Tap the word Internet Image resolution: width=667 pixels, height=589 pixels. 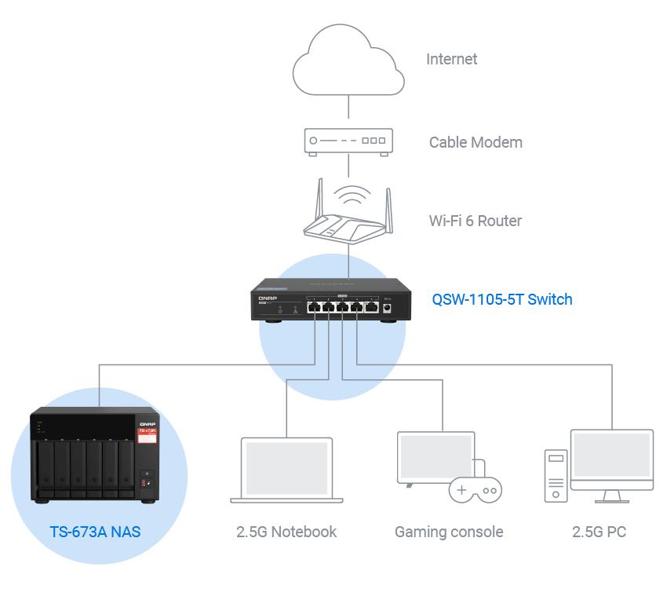(x=452, y=59)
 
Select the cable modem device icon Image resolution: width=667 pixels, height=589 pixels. (x=348, y=141)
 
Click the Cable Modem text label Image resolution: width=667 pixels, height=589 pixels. (x=476, y=142)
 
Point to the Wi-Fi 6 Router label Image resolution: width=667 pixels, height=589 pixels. (x=476, y=221)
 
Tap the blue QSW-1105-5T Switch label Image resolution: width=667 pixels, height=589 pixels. (x=502, y=299)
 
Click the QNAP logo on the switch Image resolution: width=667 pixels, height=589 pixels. (x=265, y=298)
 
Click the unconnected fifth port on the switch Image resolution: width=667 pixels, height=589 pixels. (x=370, y=307)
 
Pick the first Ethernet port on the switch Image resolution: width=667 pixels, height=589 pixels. (x=313, y=307)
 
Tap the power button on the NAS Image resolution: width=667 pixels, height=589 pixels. (x=147, y=476)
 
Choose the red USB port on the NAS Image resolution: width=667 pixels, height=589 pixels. (x=144, y=484)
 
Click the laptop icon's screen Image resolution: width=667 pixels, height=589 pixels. (x=286, y=466)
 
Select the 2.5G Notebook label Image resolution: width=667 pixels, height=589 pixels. (x=286, y=532)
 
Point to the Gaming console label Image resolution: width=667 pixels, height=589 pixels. (x=449, y=532)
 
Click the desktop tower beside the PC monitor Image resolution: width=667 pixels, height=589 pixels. (x=556, y=475)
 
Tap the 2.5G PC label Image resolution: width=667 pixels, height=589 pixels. (x=599, y=532)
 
